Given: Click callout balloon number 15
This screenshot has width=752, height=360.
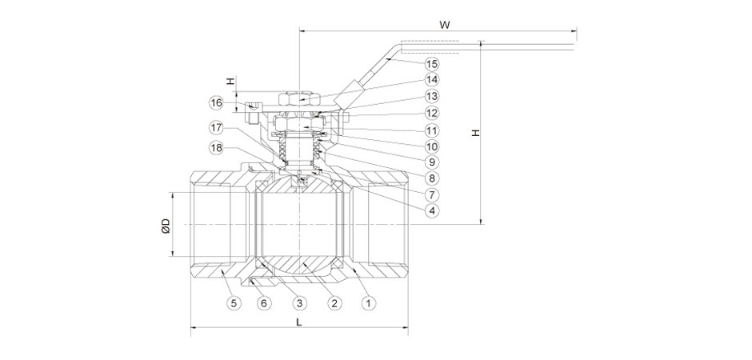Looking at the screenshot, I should point(432,63).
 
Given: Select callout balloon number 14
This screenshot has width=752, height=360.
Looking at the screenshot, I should point(432,80).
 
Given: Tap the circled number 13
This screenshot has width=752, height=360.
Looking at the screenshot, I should point(432,97).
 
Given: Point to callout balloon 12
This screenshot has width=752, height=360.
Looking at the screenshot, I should point(432,114).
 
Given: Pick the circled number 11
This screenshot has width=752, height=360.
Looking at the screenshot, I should point(432,130).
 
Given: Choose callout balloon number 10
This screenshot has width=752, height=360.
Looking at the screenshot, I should point(432,146).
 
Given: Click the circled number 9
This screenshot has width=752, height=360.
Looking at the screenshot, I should point(432,162).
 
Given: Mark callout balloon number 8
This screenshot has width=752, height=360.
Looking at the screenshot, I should point(432,178).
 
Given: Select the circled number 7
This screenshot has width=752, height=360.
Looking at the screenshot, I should point(432,194).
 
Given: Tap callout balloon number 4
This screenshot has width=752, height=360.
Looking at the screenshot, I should point(432,211).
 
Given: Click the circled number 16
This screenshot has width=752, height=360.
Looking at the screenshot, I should point(217,103).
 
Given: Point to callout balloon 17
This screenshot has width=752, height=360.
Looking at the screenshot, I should point(217,128).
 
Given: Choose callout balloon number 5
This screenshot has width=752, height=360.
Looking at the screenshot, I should point(233,303).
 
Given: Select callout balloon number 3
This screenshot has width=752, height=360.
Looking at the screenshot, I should point(299,303).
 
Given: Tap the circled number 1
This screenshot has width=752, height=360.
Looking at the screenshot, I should point(369,303).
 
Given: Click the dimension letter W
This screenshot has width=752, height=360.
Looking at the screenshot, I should point(445,25).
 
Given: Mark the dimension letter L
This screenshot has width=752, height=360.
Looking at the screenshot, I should point(298,322).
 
